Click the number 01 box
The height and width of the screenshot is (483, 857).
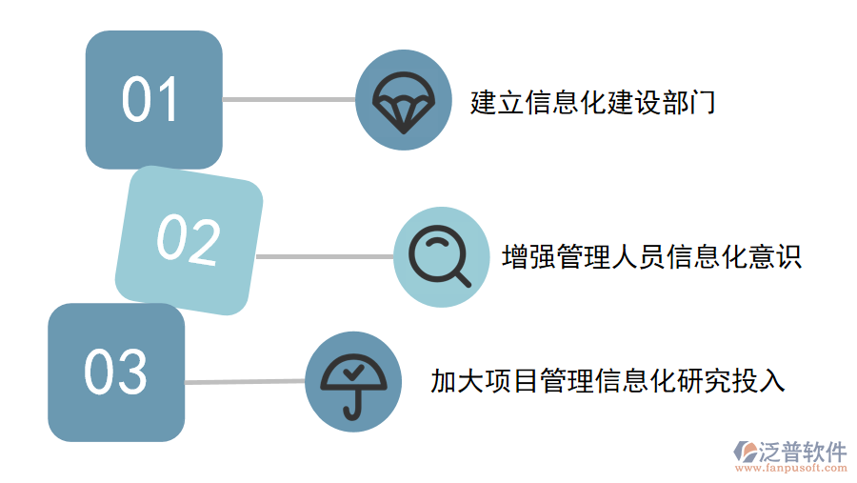click(153, 100)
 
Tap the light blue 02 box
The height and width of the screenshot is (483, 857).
click(189, 240)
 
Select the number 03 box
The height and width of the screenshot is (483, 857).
click(116, 372)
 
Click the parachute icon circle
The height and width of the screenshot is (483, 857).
click(403, 100)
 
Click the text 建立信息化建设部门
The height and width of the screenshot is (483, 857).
click(592, 102)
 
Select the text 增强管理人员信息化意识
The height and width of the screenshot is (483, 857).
click(651, 257)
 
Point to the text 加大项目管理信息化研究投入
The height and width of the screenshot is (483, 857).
click(608, 381)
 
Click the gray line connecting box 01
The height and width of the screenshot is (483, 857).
click(289, 99)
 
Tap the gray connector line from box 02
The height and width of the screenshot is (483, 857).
click(324, 256)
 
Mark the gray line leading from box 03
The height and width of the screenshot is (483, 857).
click(245, 382)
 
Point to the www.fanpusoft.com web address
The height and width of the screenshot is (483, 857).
click(792, 468)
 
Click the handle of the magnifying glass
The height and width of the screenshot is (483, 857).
click(461, 277)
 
